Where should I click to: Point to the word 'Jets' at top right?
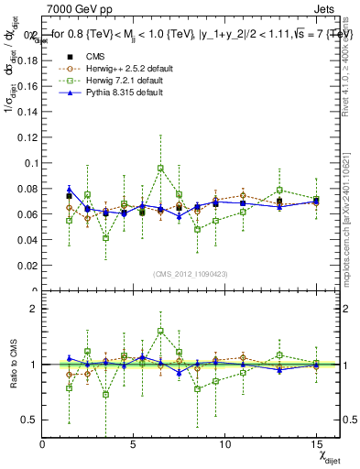(x=324, y=8)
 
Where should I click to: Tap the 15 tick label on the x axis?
(x=316, y=444)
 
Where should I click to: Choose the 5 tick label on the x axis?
(x=134, y=444)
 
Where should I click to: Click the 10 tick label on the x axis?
(x=224, y=444)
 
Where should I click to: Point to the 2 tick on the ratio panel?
(x=33, y=309)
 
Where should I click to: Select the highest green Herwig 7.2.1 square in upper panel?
(x=160, y=169)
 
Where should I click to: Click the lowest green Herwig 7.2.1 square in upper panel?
(x=106, y=238)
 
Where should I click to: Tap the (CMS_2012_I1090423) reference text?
(x=191, y=275)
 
